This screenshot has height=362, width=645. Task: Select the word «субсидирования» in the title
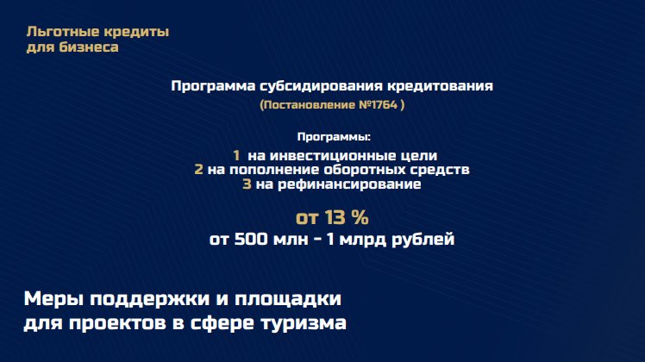point(322,86)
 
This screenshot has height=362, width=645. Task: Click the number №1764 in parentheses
point(378,105)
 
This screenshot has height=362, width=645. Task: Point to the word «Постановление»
point(310,105)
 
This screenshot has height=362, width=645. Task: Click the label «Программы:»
point(334,136)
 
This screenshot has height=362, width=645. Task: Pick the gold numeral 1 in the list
point(236,155)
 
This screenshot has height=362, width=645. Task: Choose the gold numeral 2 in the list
point(198,170)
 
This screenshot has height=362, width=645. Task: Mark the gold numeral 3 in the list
point(247,184)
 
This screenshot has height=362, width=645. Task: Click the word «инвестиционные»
point(331,155)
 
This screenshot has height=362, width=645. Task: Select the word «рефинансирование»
point(349,184)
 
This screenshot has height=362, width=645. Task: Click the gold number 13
point(334,217)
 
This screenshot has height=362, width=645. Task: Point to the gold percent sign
point(360,217)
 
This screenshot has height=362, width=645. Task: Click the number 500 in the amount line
point(251,239)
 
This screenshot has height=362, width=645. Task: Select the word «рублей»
point(423,240)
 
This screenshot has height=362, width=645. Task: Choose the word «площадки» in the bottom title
point(287,299)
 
